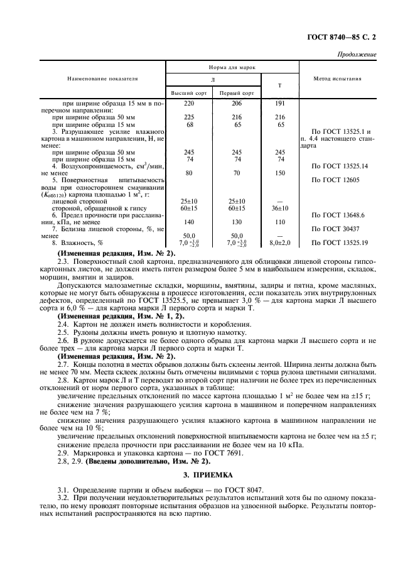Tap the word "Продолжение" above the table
click(x=357, y=54)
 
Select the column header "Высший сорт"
click(x=189, y=92)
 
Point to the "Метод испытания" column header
click(x=337, y=79)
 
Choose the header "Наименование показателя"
click(x=103, y=79)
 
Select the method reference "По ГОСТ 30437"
click(x=337, y=229)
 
